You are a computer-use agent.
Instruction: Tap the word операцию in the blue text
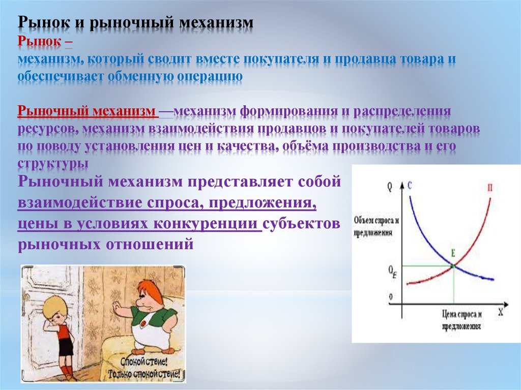pyautogui.click(x=210, y=77)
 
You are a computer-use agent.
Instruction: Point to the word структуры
pyautogui.click(x=53, y=163)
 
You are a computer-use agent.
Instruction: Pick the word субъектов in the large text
pyautogui.click(x=301, y=224)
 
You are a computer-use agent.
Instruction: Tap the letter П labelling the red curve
pyautogui.click(x=490, y=188)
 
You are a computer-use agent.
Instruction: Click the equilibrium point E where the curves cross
pyautogui.click(x=453, y=265)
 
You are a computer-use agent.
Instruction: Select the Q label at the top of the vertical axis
pyautogui.click(x=390, y=187)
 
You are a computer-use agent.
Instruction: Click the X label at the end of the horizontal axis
pyautogui.click(x=501, y=312)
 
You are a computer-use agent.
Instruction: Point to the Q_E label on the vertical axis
pyautogui.click(x=392, y=271)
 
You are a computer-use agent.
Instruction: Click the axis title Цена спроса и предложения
pyautogui.click(x=461, y=320)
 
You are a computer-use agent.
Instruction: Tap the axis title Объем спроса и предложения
pyautogui.click(x=376, y=226)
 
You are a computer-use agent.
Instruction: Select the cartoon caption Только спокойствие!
pyautogui.click(x=146, y=374)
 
